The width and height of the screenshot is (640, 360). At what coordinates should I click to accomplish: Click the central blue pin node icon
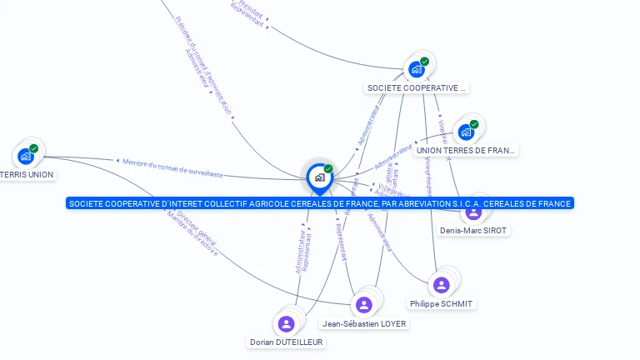click(319, 177)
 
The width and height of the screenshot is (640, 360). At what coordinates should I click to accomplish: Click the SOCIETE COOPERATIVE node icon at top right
click(416, 69)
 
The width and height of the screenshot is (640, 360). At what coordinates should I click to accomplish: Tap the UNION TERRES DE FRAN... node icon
click(466, 132)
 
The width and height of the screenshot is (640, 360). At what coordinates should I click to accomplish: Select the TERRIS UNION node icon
click(26, 156)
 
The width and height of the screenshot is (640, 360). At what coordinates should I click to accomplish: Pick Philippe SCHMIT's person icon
click(442, 285)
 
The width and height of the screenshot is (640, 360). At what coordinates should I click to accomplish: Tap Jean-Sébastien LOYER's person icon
click(363, 304)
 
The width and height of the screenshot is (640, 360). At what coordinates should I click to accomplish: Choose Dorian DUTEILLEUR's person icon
click(287, 323)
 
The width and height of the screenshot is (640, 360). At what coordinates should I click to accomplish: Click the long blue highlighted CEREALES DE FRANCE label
click(320, 203)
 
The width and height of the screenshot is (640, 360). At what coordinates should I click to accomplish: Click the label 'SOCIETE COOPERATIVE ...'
click(417, 87)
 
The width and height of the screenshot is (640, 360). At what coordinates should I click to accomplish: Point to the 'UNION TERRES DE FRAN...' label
click(466, 151)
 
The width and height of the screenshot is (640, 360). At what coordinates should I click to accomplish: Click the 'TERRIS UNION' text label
click(27, 175)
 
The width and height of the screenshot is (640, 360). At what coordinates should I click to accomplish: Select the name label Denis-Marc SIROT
click(473, 230)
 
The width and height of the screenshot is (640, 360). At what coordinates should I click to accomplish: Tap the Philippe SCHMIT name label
click(442, 304)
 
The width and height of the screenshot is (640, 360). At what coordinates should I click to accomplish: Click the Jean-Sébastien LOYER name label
click(364, 323)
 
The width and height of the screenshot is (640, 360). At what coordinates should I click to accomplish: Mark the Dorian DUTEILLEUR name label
click(287, 342)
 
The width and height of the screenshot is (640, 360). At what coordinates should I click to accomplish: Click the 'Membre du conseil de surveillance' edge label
click(173, 167)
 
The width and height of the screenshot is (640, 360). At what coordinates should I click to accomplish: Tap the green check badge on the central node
click(328, 169)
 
